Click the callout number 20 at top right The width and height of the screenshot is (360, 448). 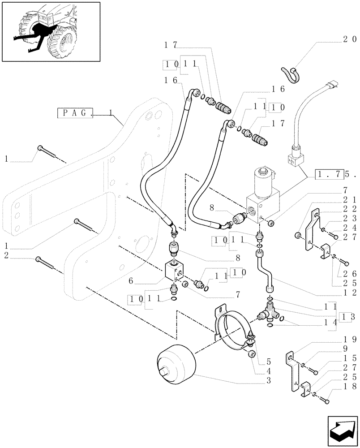(x=349, y=39)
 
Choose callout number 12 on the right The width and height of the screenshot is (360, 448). (x=349, y=293)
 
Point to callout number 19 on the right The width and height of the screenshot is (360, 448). (x=349, y=339)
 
